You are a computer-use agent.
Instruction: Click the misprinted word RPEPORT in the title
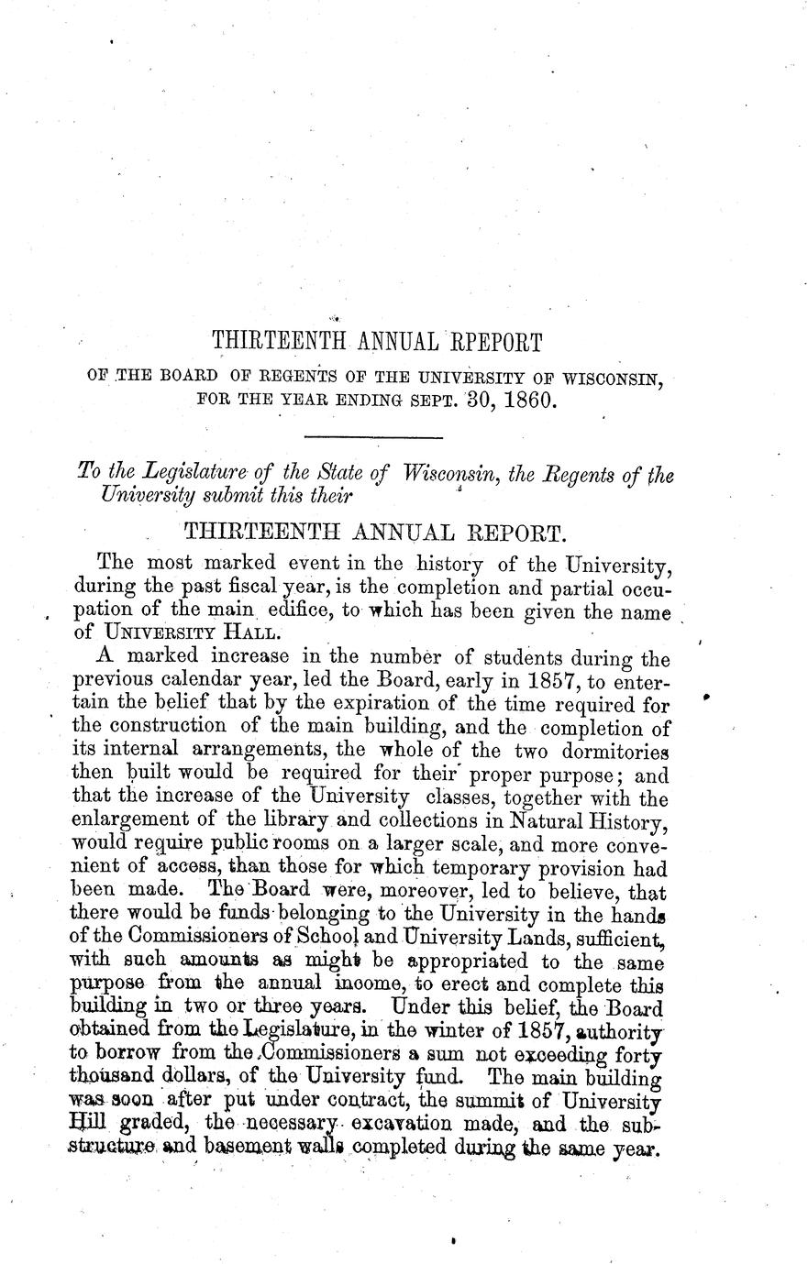coord(496,343)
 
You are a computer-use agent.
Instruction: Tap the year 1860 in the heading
coord(525,401)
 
